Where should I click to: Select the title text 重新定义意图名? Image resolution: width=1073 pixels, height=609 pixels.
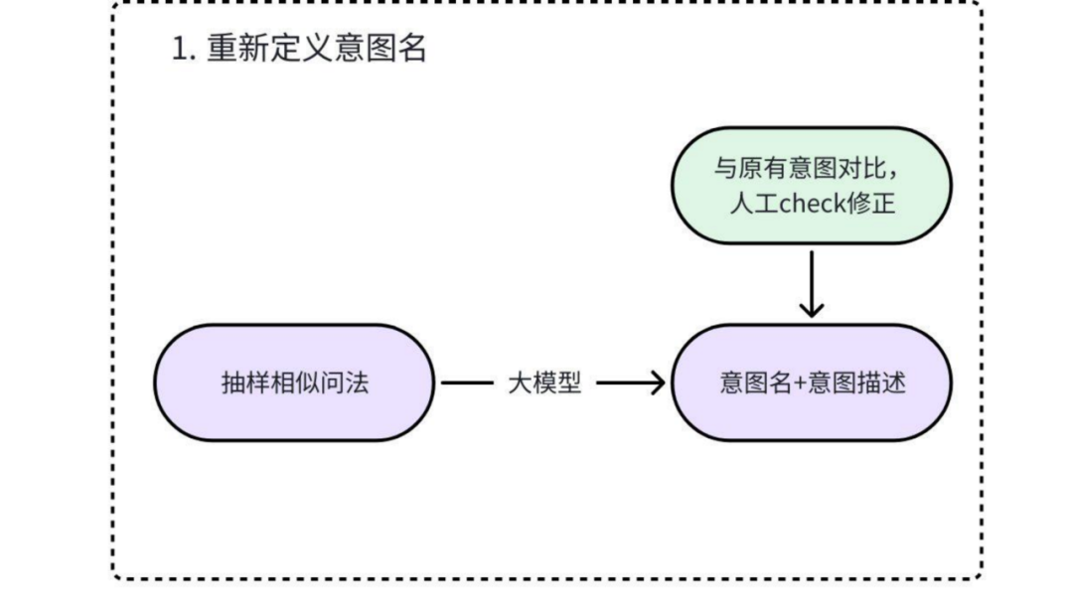316,49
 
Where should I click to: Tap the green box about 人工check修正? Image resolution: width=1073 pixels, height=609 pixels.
812,185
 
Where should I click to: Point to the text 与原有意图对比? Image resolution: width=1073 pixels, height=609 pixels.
789,166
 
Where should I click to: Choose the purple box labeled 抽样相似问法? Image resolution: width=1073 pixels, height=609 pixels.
294,382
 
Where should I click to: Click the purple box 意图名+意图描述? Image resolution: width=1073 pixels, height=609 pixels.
812,382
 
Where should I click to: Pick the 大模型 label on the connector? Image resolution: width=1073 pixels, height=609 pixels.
544,382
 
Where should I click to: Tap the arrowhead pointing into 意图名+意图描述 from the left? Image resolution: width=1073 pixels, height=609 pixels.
657,382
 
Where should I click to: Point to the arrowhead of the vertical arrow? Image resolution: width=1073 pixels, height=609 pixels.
812,309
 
